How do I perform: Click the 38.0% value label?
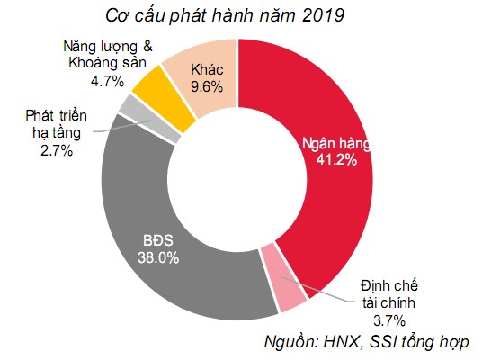(161, 257)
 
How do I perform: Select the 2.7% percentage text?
(56, 149)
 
